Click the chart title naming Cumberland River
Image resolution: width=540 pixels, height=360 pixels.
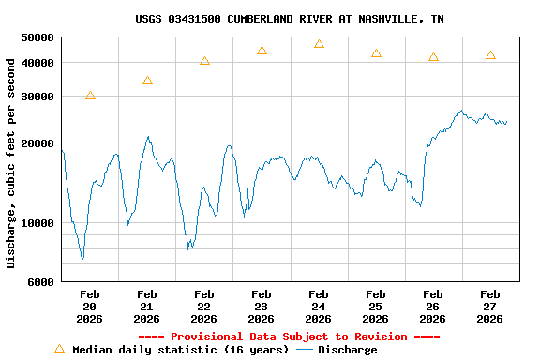(x=290, y=19)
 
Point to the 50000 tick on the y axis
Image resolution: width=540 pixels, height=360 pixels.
(x=38, y=37)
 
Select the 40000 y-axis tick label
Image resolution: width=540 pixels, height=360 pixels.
(x=38, y=63)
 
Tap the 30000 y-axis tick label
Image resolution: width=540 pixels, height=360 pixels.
(x=38, y=97)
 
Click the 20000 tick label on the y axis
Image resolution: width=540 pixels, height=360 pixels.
(x=38, y=143)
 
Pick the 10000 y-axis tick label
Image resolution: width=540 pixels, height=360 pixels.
(x=38, y=223)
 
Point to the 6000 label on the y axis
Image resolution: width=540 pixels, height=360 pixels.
(x=41, y=282)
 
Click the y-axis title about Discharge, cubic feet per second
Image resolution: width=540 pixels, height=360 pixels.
(x=11, y=163)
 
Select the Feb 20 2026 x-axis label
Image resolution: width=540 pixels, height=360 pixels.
(x=89, y=307)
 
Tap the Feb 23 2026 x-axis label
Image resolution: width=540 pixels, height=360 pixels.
(x=261, y=307)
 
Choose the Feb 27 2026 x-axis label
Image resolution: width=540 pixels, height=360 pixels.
(x=489, y=307)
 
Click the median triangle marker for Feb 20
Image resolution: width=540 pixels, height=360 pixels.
(x=90, y=96)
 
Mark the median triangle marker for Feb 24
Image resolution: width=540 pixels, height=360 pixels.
(x=319, y=44)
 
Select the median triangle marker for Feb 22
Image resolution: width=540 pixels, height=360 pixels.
(x=204, y=61)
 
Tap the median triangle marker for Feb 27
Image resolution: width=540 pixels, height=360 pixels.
(x=490, y=55)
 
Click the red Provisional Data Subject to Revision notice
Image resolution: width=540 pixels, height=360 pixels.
(x=289, y=337)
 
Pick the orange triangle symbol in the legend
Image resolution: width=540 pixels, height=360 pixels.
(x=59, y=349)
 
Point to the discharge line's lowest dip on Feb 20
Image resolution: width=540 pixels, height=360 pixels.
(x=82, y=259)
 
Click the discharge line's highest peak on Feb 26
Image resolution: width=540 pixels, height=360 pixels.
(x=461, y=111)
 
